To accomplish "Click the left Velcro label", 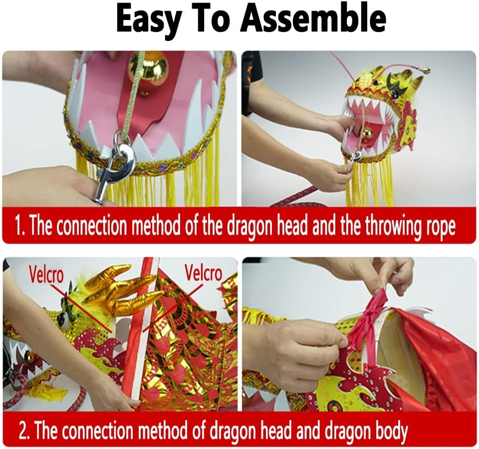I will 46,274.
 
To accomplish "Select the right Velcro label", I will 203,273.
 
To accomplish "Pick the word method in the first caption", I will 158,226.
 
